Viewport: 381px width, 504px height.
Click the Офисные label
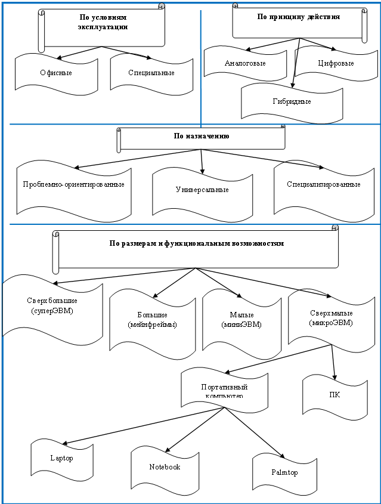click(x=56, y=73)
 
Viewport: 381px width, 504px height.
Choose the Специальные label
click(x=151, y=73)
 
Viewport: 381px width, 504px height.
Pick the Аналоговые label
click(x=245, y=63)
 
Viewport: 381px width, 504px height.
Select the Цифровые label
click(x=336, y=63)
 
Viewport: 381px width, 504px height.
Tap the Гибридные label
click(x=292, y=101)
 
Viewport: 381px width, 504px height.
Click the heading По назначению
click(x=202, y=136)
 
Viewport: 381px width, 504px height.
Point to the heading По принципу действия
click(x=299, y=17)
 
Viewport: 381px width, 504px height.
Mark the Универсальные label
click(x=202, y=190)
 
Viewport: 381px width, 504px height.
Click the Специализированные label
click(x=324, y=184)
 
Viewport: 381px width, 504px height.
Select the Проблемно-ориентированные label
click(x=73, y=184)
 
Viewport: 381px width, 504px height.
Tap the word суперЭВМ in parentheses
click(x=52, y=311)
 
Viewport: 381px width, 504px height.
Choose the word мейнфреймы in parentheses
click(x=152, y=324)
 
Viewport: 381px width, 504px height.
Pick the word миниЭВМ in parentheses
click(x=241, y=324)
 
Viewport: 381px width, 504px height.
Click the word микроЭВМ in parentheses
click(x=331, y=323)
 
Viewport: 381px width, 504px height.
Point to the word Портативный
click(x=224, y=387)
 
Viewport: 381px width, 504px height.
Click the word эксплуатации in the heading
click(x=103, y=27)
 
